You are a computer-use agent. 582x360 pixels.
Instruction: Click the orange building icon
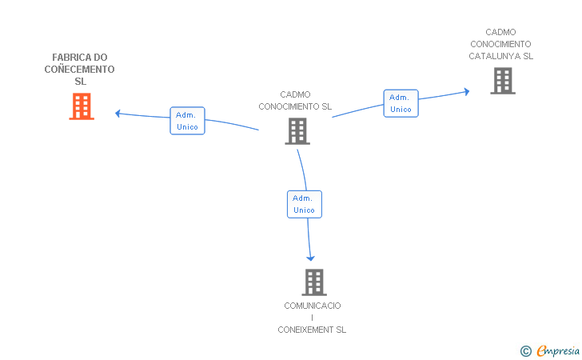[x=82, y=106]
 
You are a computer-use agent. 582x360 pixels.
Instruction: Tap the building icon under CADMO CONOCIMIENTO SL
[x=297, y=131]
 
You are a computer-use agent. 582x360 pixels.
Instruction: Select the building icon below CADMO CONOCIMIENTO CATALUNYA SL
[x=503, y=81]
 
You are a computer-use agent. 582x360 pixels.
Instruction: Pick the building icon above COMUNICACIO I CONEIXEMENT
[x=314, y=282]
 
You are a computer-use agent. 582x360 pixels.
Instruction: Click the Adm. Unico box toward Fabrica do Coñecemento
[x=187, y=121]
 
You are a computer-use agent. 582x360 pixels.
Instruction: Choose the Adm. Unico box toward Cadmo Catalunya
[x=401, y=103]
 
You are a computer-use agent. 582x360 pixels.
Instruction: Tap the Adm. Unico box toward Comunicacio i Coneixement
[x=305, y=204]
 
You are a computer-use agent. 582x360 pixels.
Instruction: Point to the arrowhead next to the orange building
[x=118, y=114]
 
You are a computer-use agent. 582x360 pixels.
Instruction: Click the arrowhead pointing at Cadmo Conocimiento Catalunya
[x=467, y=91]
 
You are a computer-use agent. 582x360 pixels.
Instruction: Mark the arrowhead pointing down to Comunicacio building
[x=310, y=258]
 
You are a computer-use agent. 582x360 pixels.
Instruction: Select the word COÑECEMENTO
[x=79, y=70]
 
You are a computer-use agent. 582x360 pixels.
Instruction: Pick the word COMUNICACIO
[x=313, y=306]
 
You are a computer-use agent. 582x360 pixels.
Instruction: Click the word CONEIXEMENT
[x=306, y=330]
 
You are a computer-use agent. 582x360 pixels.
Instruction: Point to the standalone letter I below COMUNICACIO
[x=312, y=318]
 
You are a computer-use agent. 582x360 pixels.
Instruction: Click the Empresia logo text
[x=558, y=350]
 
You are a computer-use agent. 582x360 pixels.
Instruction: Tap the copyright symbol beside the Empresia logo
[x=525, y=351]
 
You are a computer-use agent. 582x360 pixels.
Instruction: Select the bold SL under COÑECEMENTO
[x=80, y=82]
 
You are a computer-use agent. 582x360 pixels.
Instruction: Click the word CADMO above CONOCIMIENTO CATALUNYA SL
[x=500, y=32]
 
